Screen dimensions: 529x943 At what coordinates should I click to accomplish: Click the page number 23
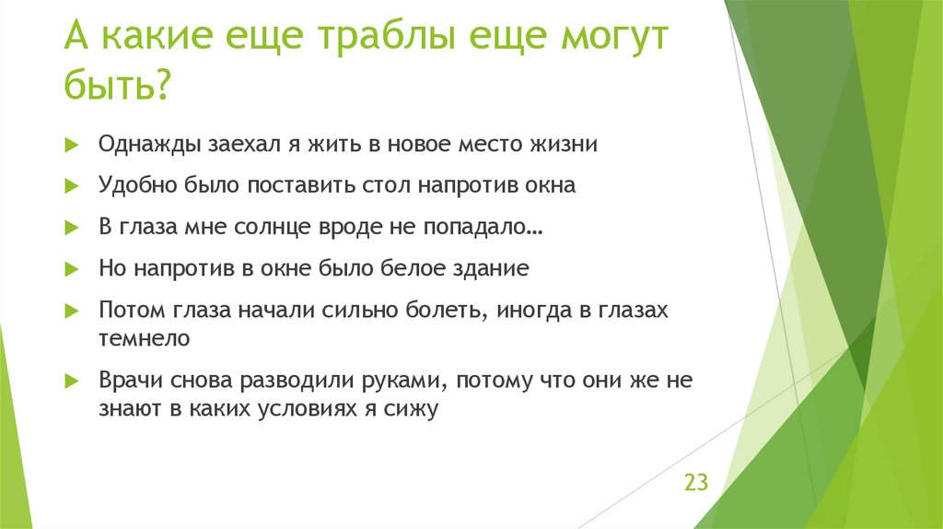pyautogui.click(x=695, y=482)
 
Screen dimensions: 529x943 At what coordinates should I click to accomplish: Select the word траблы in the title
pyautogui.click(x=380, y=40)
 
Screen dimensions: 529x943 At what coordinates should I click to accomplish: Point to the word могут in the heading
pyautogui.click(x=613, y=40)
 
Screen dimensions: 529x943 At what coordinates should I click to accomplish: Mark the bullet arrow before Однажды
pyautogui.click(x=70, y=145)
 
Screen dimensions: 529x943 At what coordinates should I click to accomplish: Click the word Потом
pyautogui.click(x=129, y=311)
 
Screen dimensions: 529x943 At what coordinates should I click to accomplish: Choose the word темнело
pyautogui.click(x=144, y=338)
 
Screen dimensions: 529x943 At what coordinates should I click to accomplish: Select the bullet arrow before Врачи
pyautogui.click(x=70, y=380)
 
